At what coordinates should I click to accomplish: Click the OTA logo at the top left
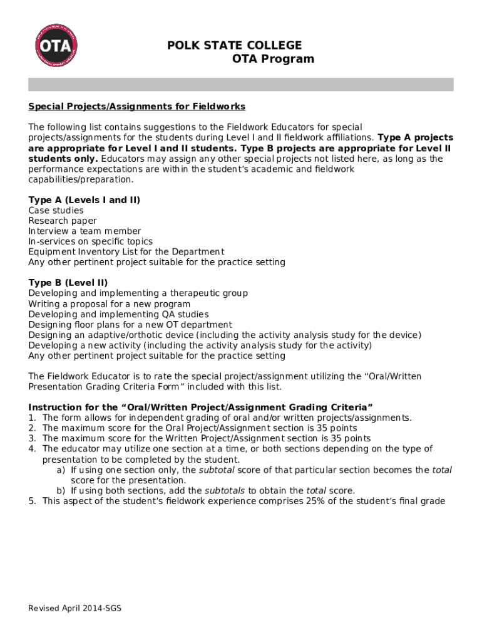click(56, 46)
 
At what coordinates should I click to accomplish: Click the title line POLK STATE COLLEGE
click(234, 45)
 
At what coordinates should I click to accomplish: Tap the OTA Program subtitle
click(273, 59)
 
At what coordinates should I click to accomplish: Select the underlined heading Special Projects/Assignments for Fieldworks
click(136, 106)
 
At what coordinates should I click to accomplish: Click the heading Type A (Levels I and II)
click(84, 200)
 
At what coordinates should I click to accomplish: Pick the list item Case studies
click(56, 211)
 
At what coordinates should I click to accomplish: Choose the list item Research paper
click(63, 221)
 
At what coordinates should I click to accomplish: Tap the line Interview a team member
click(85, 231)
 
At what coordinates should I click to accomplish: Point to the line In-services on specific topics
click(90, 241)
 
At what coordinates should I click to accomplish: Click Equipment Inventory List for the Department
click(126, 252)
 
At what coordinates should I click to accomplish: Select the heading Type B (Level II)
click(68, 283)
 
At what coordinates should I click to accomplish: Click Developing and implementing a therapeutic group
click(138, 293)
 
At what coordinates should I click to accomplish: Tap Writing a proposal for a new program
click(110, 304)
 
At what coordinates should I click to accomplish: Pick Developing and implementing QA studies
click(118, 314)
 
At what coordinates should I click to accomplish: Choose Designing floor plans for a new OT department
click(130, 325)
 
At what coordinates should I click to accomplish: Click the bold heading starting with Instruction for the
click(200, 408)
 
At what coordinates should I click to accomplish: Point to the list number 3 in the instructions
click(31, 438)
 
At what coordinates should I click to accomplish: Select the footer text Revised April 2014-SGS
click(75, 608)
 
